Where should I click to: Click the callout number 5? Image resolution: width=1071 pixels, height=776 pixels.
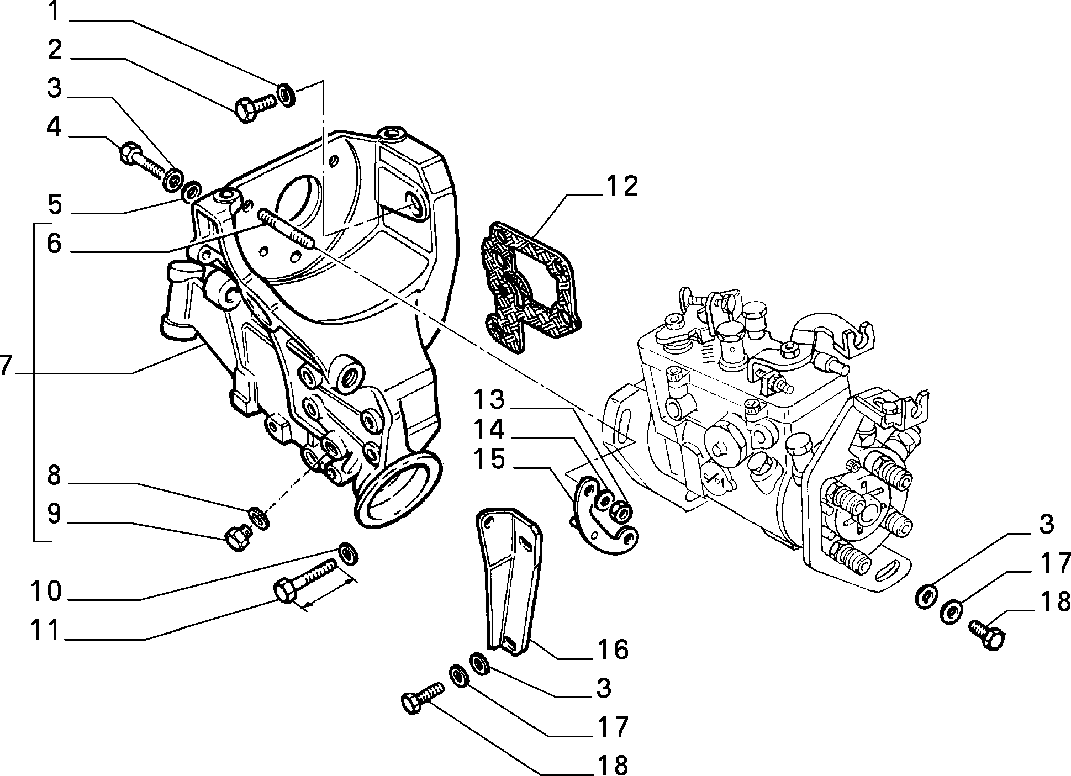54,204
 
